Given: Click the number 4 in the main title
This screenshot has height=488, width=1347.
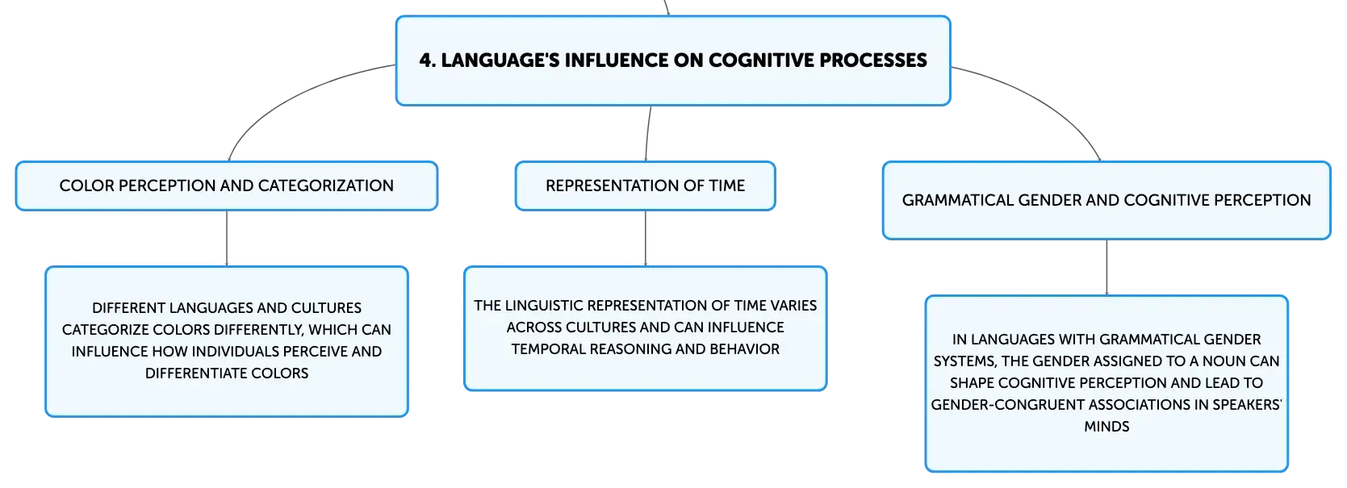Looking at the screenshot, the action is (426, 60).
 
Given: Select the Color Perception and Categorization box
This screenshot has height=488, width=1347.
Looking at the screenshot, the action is (227, 186).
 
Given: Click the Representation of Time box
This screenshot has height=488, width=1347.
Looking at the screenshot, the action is (645, 186).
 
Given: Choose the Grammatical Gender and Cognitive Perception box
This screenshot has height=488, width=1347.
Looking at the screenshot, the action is (1106, 200).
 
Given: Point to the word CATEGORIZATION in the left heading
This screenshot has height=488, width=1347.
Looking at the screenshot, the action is (326, 186).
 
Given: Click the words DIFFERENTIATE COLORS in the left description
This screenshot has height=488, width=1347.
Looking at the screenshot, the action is (227, 373).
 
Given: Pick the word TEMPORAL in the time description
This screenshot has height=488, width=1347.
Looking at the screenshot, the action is (542, 349).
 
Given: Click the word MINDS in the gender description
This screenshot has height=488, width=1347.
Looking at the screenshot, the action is (1106, 427).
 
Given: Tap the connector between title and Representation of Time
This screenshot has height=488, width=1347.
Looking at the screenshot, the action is (647, 133).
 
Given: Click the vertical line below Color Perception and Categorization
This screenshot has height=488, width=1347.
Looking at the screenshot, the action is (227, 238).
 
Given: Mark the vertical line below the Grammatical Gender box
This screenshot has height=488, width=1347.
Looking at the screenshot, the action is (1106, 268).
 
